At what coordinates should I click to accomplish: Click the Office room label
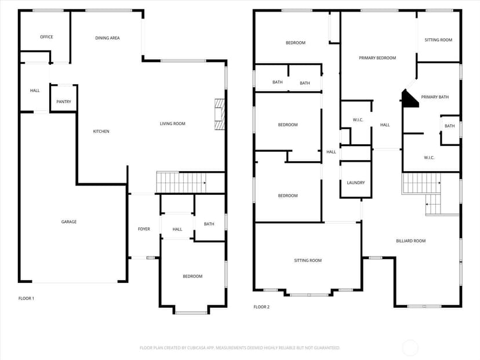click(46, 37)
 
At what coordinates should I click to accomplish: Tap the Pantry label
click(64, 101)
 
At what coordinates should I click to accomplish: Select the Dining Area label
click(107, 38)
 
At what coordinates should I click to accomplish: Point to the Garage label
click(69, 221)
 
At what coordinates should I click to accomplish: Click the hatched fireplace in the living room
click(220, 114)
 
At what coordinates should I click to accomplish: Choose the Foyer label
click(144, 229)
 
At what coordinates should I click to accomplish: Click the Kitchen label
click(101, 132)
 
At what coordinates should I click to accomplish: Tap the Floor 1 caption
click(26, 299)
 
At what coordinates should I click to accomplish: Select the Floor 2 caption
click(261, 307)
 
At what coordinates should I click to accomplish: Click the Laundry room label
click(356, 183)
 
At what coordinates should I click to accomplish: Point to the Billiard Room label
click(411, 241)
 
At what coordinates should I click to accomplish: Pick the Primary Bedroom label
click(377, 58)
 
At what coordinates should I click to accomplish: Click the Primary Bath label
click(435, 97)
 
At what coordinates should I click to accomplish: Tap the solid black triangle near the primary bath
click(409, 100)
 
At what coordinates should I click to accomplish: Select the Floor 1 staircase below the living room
click(181, 183)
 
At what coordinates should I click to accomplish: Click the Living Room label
click(172, 123)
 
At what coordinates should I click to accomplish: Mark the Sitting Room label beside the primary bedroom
click(438, 40)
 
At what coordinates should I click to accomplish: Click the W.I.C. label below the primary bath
click(429, 158)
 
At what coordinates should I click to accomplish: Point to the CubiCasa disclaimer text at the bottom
click(239, 348)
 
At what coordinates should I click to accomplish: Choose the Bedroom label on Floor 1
click(192, 277)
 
